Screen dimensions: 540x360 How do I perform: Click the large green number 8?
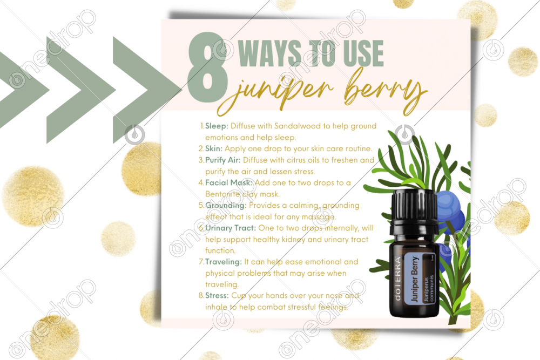208,67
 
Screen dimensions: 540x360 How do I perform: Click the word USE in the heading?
363,53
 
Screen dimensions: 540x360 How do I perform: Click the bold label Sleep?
217,126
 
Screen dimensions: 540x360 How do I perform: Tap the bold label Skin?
213,148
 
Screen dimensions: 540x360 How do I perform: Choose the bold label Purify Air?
223,160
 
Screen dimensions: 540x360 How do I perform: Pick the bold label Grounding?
226,206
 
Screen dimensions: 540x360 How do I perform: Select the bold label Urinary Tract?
231,228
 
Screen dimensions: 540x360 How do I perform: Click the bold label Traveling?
224,262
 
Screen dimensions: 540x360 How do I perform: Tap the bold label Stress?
217,296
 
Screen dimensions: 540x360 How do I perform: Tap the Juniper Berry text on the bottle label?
415,279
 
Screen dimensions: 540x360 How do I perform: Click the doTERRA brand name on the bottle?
397,279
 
